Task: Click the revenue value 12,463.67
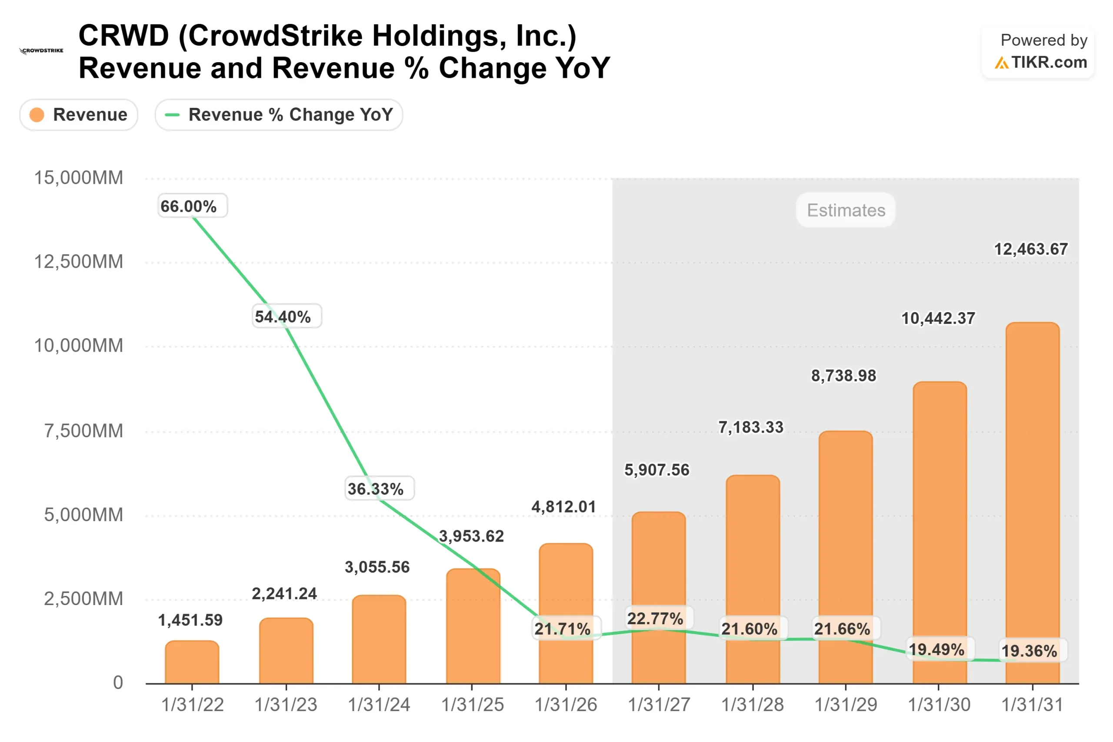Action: tap(1030, 249)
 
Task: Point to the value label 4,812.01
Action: tap(563, 507)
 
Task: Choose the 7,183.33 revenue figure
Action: tap(750, 427)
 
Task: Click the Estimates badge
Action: tap(846, 210)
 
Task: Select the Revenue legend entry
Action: tap(79, 114)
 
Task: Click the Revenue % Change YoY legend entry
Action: tap(279, 114)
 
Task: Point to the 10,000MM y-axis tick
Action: tap(79, 346)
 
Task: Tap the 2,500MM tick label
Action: tap(83, 599)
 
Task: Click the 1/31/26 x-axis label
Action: tap(566, 705)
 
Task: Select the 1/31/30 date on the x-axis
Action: tap(939, 705)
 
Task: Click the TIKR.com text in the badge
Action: tap(1049, 62)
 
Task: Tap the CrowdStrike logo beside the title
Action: tap(41, 50)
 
